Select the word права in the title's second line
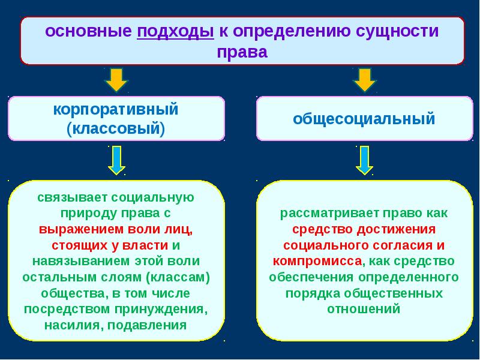241,52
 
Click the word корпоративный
116,110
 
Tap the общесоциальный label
364,119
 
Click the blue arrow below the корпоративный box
116,160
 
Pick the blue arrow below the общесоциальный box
363,160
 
